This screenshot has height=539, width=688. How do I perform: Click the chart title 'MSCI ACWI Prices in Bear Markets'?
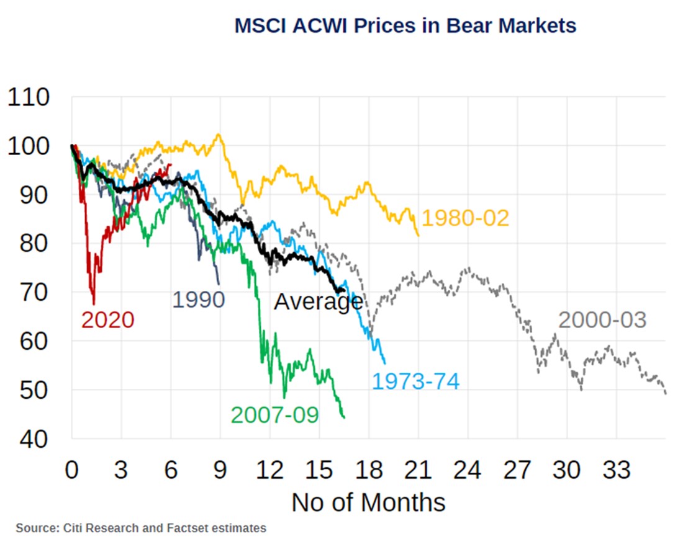[405, 25]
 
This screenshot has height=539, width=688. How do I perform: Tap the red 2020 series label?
[107, 320]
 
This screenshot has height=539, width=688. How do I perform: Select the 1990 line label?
[198, 300]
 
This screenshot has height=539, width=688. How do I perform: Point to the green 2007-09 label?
[274, 414]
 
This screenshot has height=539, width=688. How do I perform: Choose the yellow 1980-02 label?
[465, 218]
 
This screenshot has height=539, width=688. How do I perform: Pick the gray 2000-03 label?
[602, 320]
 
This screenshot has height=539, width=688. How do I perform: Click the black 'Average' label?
[318, 301]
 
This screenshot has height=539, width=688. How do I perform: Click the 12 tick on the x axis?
[269, 470]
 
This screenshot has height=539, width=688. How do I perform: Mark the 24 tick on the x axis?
[468, 470]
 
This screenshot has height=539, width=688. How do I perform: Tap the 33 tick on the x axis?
[616, 470]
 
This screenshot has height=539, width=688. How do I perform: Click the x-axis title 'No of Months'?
[368, 502]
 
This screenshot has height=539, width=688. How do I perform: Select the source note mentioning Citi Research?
[141, 528]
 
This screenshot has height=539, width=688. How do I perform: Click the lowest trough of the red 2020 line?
[94, 304]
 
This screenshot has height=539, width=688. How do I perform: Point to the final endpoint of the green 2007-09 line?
[343, 417]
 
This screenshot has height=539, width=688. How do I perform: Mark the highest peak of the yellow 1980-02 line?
[218, 134]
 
